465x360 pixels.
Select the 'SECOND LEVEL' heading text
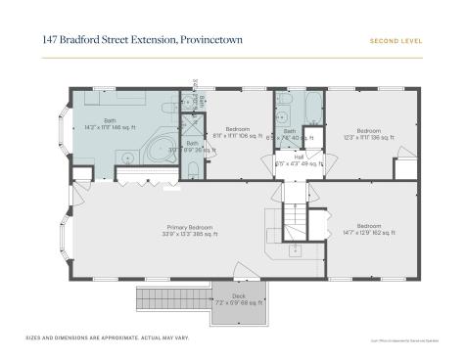pos(396,41)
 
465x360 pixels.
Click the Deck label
pos(238,298)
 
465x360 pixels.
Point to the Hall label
pos(298,158)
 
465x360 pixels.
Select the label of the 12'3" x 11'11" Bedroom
pos(368,134)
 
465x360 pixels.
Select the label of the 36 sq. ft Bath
pos(192,148)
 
